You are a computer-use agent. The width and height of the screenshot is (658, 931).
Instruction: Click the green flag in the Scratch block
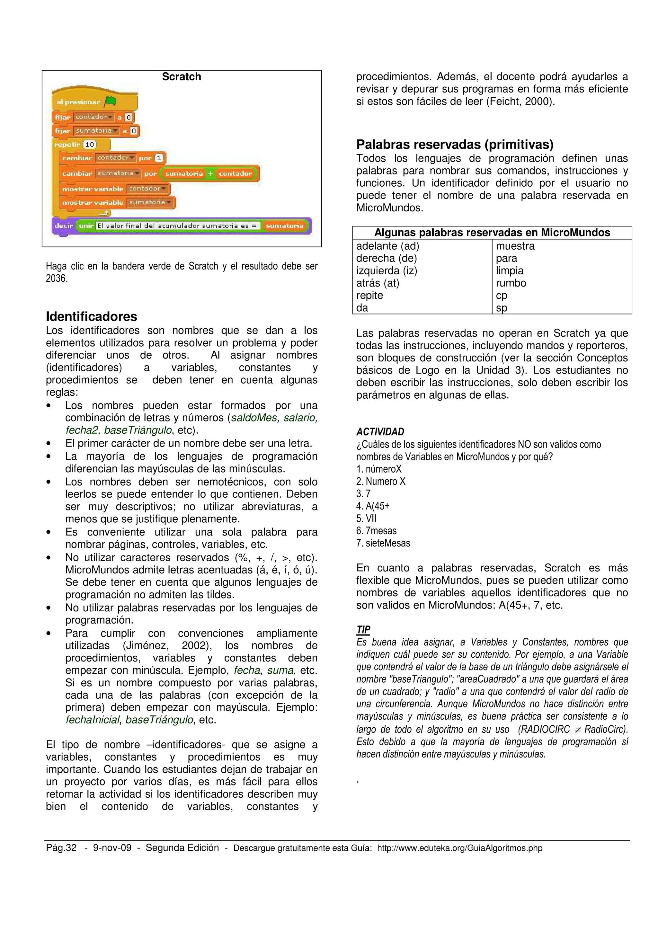coord(110,102)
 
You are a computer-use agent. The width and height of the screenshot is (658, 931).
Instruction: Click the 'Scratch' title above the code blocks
coord(181,77)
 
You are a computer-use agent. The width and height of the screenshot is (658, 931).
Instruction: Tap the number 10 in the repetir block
coord(90,144)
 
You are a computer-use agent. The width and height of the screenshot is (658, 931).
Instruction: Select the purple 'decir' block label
coord(64,226)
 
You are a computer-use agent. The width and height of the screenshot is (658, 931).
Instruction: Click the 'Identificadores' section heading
coord(91,316)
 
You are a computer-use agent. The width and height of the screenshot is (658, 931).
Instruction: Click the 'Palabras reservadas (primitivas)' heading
coord(455,144)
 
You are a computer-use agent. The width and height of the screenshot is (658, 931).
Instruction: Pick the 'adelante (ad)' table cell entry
coord(387,246)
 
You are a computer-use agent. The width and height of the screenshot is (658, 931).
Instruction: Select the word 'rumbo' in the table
coord(511,283)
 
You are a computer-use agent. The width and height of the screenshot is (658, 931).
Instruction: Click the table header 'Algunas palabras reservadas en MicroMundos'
coord(492,232)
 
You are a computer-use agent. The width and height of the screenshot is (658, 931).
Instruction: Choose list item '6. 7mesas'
coord(376,531)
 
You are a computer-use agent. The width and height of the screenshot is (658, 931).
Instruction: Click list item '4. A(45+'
coord(373,506)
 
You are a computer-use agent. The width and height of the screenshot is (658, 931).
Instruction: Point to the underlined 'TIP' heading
coord(363,629)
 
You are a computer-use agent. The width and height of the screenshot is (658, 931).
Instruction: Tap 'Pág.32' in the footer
coord(61,848)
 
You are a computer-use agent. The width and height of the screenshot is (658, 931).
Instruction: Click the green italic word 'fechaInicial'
coord(93,720)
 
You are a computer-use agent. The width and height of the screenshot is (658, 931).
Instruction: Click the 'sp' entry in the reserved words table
coord(502,308)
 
